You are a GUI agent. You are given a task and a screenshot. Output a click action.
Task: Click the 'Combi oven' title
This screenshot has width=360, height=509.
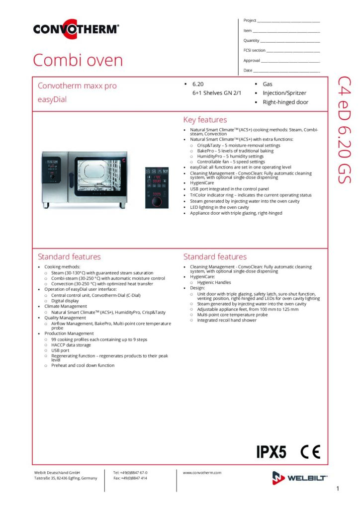point(78,60)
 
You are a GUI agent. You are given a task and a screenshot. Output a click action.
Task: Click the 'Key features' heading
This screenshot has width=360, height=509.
point(205,120)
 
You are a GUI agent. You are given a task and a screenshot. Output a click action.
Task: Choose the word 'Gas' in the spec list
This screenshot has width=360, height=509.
point(268,84)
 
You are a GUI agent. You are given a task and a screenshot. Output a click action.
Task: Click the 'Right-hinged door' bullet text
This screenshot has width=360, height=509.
point(285,102)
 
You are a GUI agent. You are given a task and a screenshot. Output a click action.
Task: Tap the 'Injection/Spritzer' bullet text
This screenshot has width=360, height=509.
point(284,93)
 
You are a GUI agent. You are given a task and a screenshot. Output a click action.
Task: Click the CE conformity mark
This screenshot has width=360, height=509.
point(310,452)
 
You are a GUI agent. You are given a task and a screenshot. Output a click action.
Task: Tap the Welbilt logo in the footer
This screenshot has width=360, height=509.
point(299,478)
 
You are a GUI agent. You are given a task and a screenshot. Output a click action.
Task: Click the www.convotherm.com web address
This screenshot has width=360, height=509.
point(202,473)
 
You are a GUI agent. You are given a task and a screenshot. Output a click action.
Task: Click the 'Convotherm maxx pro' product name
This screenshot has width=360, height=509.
point(77,85)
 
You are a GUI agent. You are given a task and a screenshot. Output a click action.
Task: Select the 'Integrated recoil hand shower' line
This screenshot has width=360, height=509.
point(227,320)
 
